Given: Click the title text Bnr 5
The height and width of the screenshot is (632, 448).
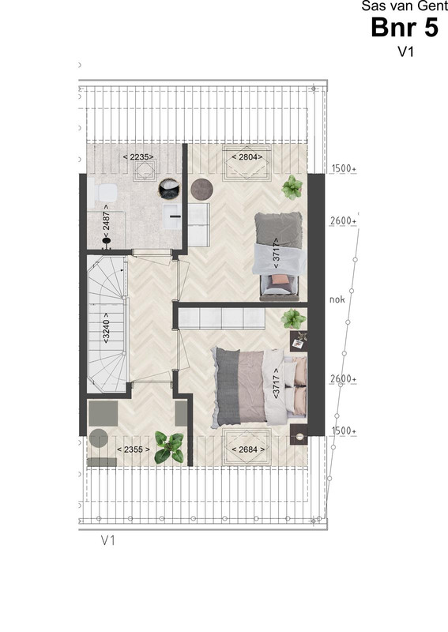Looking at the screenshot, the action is pyautogui.click(x=405, y=28).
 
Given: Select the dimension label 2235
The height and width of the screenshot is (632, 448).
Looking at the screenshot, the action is pyautogui.click(x=138, y=156).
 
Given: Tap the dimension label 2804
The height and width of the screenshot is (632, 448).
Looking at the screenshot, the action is pyautogui.click(x=247, y=156).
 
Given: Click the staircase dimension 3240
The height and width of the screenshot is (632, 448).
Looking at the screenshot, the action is pyautogui.click(x=106, y=327).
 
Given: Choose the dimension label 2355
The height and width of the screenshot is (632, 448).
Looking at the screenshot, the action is pyautogui.click(x=133, y=449).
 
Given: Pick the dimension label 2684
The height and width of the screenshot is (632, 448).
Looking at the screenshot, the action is pyautogui.click(x=248, y=449).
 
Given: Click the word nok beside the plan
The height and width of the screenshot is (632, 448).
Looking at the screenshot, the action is pyautogui.click(x=337, y=299).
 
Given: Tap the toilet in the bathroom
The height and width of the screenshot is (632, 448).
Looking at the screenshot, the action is pyautogui.click(x=103, y=192).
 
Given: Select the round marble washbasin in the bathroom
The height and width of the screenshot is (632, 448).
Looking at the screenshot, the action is pyautogui.click(x=169, y=189).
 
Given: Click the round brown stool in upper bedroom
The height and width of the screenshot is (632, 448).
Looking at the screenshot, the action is pyautogui.click(x=202, y=189).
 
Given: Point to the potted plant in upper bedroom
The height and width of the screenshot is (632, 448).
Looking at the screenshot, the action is pyautogui.click(x=292, y=187).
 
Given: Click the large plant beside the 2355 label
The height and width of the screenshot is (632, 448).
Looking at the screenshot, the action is pyautogui.click(x=169, y=447).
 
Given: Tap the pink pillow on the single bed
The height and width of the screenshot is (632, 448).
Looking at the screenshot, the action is pyautogui.click(x=279, y=280).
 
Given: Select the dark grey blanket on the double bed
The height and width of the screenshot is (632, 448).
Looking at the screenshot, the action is pyautogui.click(x=228, y=386).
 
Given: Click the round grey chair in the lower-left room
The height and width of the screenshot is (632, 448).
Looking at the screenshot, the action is pyautogui.click(x=99, y=438).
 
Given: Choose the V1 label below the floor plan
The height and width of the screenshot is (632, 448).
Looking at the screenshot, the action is pyautogui.click(x=108, y=540).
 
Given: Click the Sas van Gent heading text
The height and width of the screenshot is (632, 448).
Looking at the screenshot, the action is pyautogui.click(x=405, y=6).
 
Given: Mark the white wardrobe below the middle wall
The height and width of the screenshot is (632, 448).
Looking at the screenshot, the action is pyautogui.click(x=221, y=319).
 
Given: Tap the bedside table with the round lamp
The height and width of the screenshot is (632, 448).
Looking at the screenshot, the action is pyautogui.click(x=299, y=434).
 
